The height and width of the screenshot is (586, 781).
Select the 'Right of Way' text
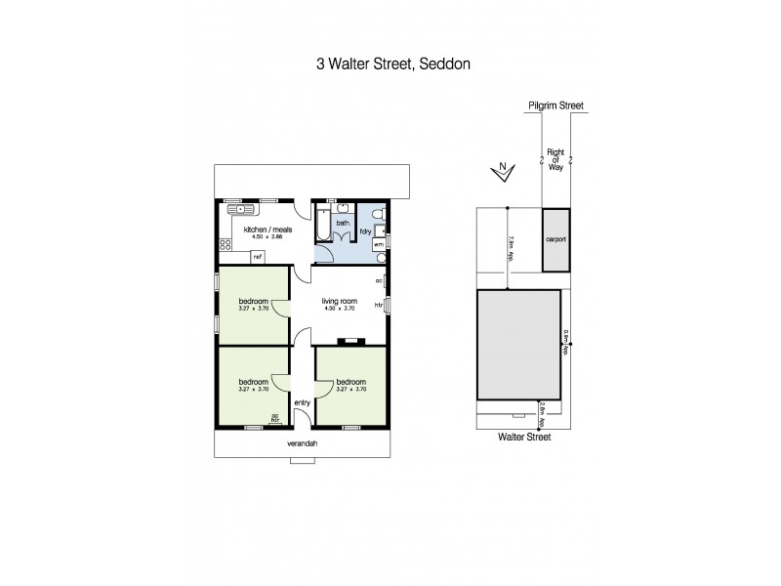coord(555,160)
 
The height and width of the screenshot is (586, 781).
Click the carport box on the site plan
coord(555,239)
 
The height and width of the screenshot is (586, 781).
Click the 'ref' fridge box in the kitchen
coord(258,257)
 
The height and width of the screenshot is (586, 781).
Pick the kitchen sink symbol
coord(238,209)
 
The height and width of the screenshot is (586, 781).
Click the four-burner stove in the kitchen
coord(267,209)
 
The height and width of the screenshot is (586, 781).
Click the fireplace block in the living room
coord(348,342)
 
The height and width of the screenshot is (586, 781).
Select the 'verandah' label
coord(303,442)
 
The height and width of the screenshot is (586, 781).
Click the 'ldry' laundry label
coord(365,230)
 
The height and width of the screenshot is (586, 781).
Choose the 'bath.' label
coord(343,223)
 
